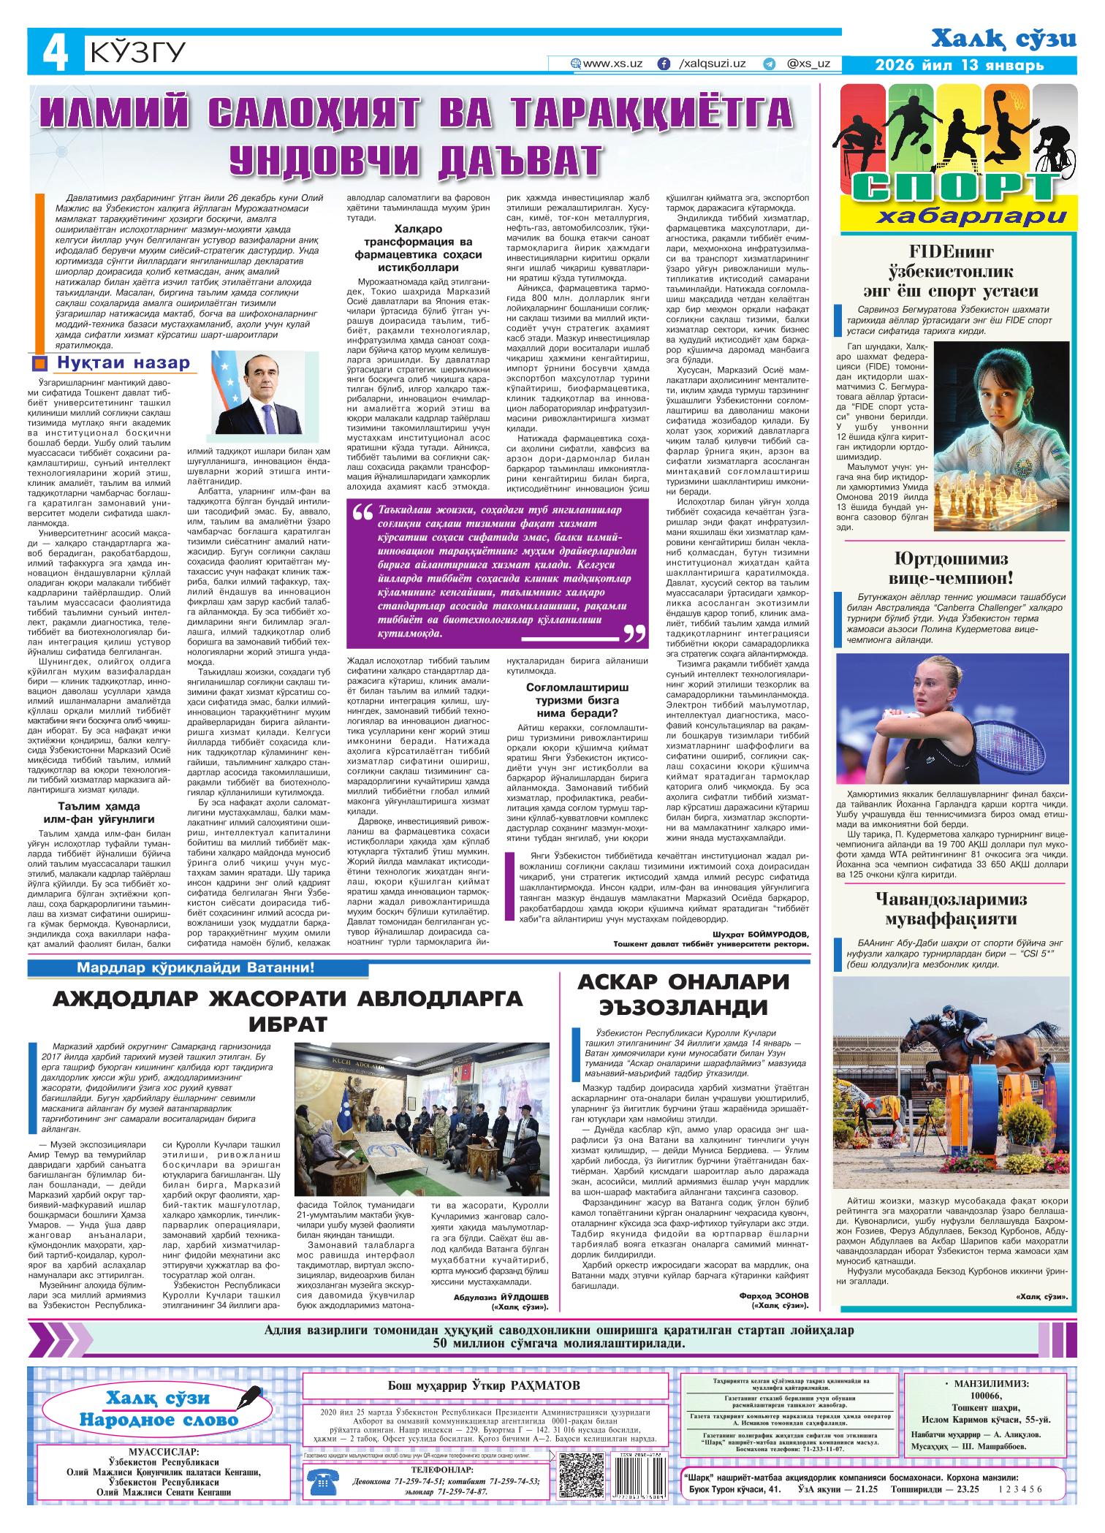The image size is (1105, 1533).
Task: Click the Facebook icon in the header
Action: point(664,64)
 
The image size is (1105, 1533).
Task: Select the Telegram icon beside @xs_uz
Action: point(768,64)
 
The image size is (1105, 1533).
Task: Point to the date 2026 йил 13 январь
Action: point(960,66)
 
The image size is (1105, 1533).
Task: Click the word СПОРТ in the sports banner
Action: point(956,188)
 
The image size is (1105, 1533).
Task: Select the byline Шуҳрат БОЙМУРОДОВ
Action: point(760,935)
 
